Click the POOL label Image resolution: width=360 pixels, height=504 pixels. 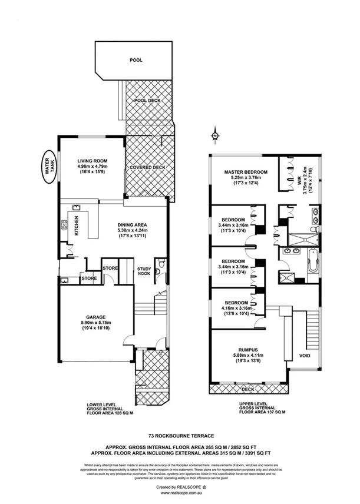(x=136, y=60)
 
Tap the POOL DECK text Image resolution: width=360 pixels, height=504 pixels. (x=147, y=101)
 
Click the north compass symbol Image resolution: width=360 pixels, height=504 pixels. (x=215, y=137)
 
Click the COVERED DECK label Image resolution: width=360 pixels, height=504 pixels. (x=147, y=167)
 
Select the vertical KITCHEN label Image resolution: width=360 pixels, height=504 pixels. (x=76, y=227)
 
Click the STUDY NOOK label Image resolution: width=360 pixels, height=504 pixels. (x=144, y=271)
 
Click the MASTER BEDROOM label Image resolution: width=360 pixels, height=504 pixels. (x=246, y=172)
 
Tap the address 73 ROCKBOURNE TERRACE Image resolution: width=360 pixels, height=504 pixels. (x=180, y=433)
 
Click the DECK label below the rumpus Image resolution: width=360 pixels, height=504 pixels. (x=247, y=389)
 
